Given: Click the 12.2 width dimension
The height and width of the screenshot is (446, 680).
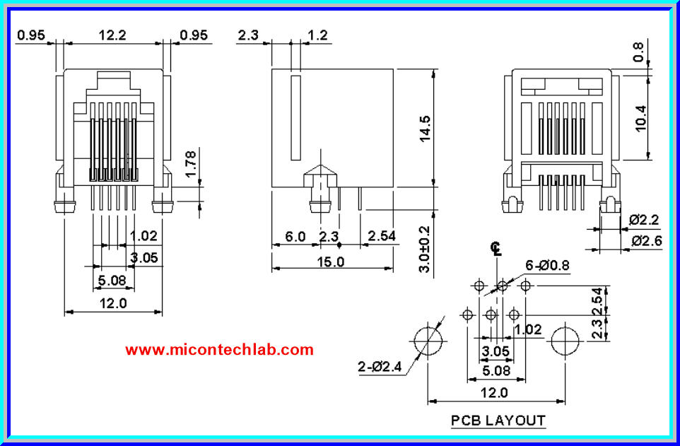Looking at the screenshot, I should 112,35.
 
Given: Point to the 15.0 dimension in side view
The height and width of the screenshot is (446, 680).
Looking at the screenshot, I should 330,262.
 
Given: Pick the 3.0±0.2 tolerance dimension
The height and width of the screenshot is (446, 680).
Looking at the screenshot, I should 423,250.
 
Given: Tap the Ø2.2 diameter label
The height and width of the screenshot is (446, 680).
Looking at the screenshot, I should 644,220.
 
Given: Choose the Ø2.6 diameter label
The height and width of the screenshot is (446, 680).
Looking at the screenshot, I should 645,241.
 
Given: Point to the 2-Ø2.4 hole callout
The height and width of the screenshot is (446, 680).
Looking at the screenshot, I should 380,366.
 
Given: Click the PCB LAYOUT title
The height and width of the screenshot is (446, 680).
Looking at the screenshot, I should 498,421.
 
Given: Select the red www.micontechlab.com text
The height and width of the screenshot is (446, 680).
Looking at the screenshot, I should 219,349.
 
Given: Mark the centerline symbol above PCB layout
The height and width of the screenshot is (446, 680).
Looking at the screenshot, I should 497,248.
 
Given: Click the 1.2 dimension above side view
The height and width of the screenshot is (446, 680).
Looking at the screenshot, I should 319,35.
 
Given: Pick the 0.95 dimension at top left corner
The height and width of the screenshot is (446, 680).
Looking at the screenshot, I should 31,35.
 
